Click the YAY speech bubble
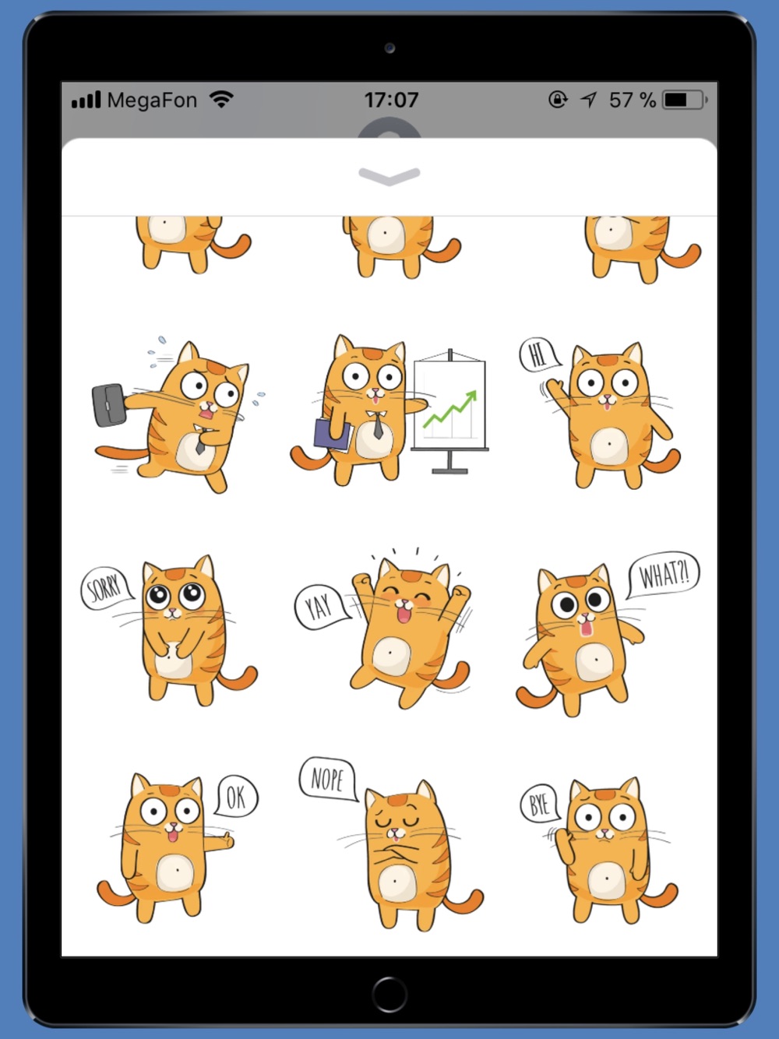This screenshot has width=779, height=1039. (x=320, y=607)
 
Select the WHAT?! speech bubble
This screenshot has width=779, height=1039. (x=663, y=575)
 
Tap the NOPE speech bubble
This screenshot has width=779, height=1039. (x=328, y=778)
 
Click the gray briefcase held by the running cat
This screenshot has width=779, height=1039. (x=109, y=405)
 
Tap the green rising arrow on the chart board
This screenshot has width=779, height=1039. (x=450, y=409)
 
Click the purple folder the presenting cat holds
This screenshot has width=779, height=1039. (x=332, y=434)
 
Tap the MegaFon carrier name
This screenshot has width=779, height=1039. (x=152, y=100)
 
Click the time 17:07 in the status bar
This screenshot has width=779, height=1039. (x=391, y=100)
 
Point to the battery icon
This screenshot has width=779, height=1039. (x=685, y=100)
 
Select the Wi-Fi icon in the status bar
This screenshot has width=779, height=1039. (x=221, y=99)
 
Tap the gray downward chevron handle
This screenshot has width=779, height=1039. (x=389, y=177)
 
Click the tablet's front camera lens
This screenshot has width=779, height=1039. (x=389, y=48)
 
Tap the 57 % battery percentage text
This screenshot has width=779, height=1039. (x=633, y=100)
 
